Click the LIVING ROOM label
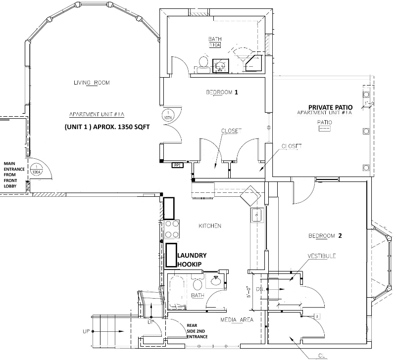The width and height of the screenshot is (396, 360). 91,83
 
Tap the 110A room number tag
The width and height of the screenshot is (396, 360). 214,45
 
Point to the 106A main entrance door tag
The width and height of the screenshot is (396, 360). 36,170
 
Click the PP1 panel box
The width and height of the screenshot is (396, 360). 177,166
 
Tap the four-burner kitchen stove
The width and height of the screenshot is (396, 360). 171,229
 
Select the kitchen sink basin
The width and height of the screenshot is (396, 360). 256,215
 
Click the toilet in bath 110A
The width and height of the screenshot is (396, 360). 202,63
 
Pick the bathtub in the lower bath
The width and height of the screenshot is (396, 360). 178,292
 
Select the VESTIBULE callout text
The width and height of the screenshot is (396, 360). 322,256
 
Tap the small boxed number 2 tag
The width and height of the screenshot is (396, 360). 315,315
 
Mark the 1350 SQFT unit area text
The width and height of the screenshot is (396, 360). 106,126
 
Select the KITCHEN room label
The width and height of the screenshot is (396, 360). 209,226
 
